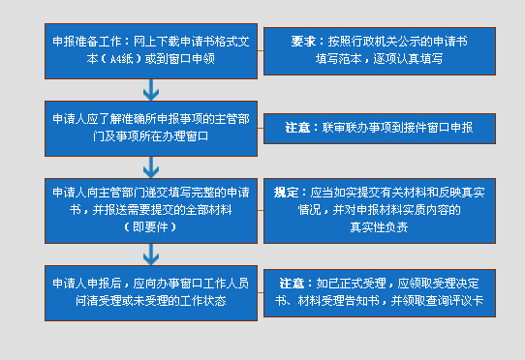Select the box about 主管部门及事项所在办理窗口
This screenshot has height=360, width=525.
pos(149,128)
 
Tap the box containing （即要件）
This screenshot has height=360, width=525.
pos(149,208)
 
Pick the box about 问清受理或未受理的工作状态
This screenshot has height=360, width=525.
pos(149,291)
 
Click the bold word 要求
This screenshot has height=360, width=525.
pos(302,43)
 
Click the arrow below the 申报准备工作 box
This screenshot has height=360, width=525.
pos(150,90)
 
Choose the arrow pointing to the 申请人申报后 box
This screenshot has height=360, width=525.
pos(150,254)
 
